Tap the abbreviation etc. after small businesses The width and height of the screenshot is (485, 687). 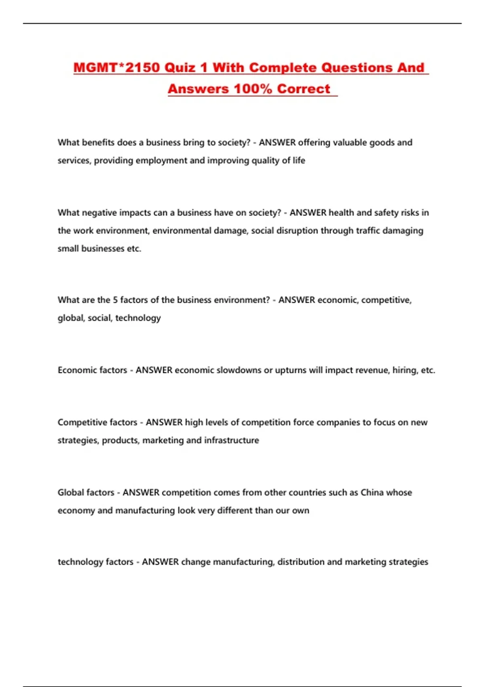click(134, 249)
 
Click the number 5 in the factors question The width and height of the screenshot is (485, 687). click(115, 300)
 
